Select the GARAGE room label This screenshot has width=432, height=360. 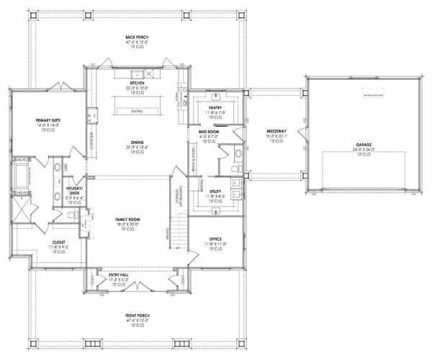click(x=363, y=145)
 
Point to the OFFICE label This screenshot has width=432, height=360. click(x=215, y=239)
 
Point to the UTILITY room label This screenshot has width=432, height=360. click(x=215, y=191)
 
